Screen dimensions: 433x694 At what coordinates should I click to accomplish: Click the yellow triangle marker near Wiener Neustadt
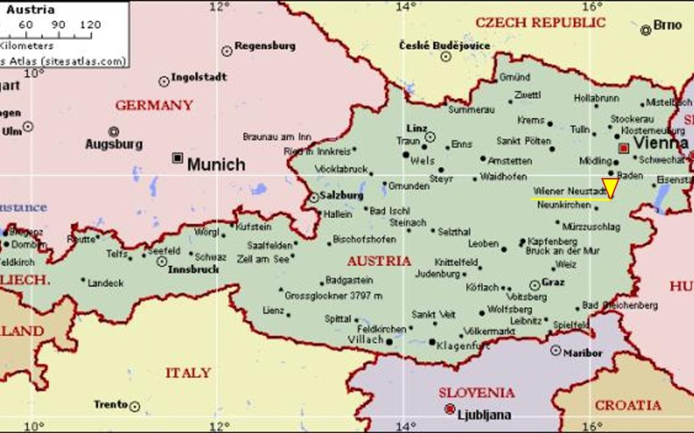point(610,187)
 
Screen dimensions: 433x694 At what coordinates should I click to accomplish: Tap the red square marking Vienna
point(623,148)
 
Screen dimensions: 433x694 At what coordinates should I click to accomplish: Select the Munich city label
point(216,165)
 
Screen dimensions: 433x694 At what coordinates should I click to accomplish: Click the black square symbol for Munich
point(177,158)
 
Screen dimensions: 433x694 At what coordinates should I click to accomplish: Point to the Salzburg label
point(343,195)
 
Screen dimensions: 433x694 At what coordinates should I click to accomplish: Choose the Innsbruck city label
point(193,269)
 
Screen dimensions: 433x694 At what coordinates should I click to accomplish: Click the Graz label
point(553,282)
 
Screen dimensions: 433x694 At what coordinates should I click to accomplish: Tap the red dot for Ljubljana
point(450,409)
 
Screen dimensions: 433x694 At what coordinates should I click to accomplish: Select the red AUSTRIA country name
point(378,261)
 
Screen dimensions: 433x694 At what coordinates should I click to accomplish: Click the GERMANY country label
point(154,105)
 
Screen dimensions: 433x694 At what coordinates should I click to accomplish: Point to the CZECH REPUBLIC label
point(540,22)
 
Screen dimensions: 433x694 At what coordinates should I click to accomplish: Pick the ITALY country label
point(188,373)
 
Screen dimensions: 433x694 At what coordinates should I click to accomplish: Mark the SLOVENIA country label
point(476,393)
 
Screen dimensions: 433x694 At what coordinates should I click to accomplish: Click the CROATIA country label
point(627,405)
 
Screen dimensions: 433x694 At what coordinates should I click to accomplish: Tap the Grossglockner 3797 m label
point(333,296)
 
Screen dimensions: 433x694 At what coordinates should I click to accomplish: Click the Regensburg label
point(265,46)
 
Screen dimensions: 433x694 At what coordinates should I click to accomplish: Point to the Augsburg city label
point(114,144)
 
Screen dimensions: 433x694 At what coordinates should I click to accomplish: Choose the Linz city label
point(416,128)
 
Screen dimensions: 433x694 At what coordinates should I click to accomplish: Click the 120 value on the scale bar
point(91,25)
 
